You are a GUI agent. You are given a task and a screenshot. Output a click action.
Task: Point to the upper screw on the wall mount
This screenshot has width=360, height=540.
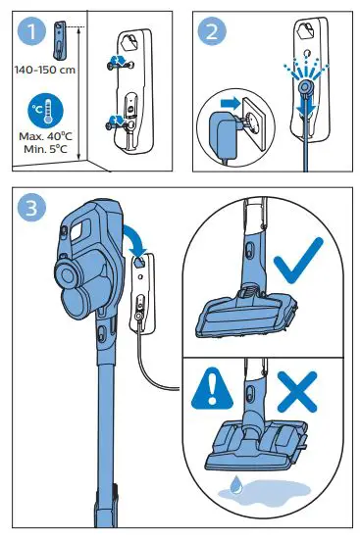point(119,61)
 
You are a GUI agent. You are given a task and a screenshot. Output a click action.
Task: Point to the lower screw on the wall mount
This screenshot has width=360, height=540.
point(118,122)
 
